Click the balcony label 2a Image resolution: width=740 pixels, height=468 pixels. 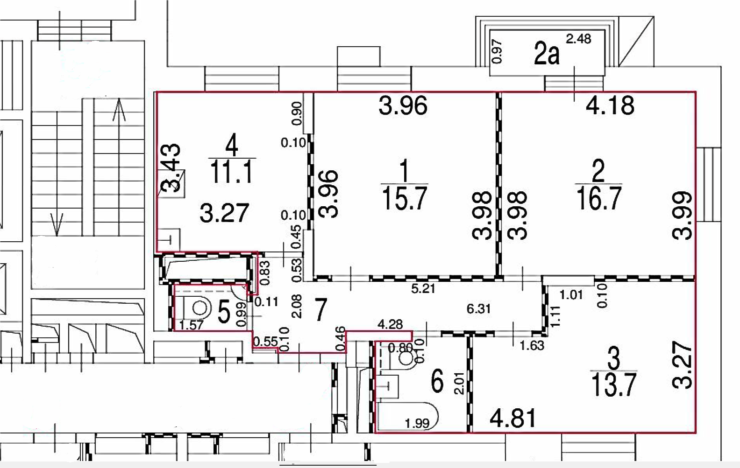click(547, 54)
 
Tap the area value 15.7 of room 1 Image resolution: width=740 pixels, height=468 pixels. click(405, 198)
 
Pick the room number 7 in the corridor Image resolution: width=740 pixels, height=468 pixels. click(320, 310)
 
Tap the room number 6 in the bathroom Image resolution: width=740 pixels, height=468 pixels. click(437, 381)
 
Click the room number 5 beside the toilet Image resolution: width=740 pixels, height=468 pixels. click(224, 312)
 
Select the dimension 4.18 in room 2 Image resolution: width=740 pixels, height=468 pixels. click(610, 105)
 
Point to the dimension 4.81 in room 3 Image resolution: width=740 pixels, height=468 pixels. click(513, 418)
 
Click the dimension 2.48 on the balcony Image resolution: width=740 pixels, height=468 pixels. click(578, 39)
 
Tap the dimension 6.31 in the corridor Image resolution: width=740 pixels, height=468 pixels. click(478, 309)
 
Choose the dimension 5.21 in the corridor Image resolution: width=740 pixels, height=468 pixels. click(423, 289)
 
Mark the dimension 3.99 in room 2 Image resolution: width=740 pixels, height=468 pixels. click(683, 215)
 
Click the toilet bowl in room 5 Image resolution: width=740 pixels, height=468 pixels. click(199, 308)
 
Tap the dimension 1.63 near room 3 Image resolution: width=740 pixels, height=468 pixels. click(532, 346)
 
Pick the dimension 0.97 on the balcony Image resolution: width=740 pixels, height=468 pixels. click(497, 51)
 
